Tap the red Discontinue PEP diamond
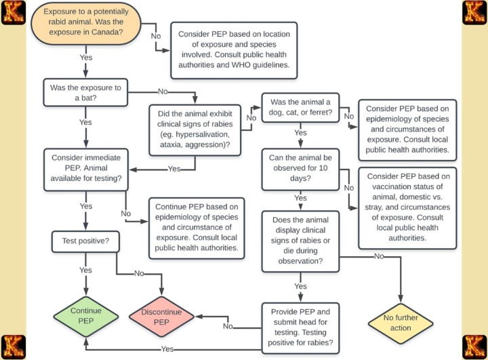161,317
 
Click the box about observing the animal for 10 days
300,169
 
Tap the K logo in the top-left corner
13,12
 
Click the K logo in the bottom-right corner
474,346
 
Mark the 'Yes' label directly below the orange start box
86,58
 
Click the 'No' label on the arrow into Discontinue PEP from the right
228,326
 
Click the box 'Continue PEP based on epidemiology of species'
197,227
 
